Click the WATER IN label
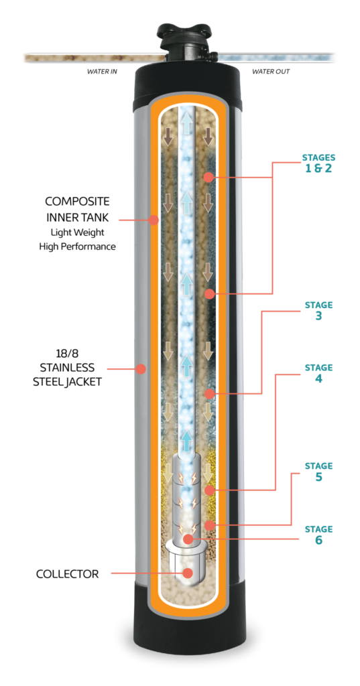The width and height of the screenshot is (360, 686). (102, 71)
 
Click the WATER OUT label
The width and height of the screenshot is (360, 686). (271, 71)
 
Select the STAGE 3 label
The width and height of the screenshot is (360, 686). (318, 310)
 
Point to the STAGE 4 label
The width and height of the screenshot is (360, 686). (318, 373)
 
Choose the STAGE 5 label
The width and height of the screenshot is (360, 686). (318, 472)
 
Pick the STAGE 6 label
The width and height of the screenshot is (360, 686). (318, 535)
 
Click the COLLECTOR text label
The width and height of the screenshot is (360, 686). (68, 573)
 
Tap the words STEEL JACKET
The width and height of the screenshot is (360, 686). (68, 381)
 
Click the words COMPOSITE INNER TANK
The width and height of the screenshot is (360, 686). (78, 209)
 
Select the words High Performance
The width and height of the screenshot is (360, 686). (78, 247)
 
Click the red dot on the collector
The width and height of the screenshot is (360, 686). (188, 573)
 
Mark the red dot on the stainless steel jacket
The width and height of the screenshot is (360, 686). (140, 369)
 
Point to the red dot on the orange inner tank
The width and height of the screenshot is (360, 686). (154, 219)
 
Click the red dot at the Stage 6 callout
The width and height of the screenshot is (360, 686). (189, 539)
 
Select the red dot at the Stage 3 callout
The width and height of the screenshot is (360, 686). (209, 394)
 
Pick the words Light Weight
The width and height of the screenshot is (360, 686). (78, 231)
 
